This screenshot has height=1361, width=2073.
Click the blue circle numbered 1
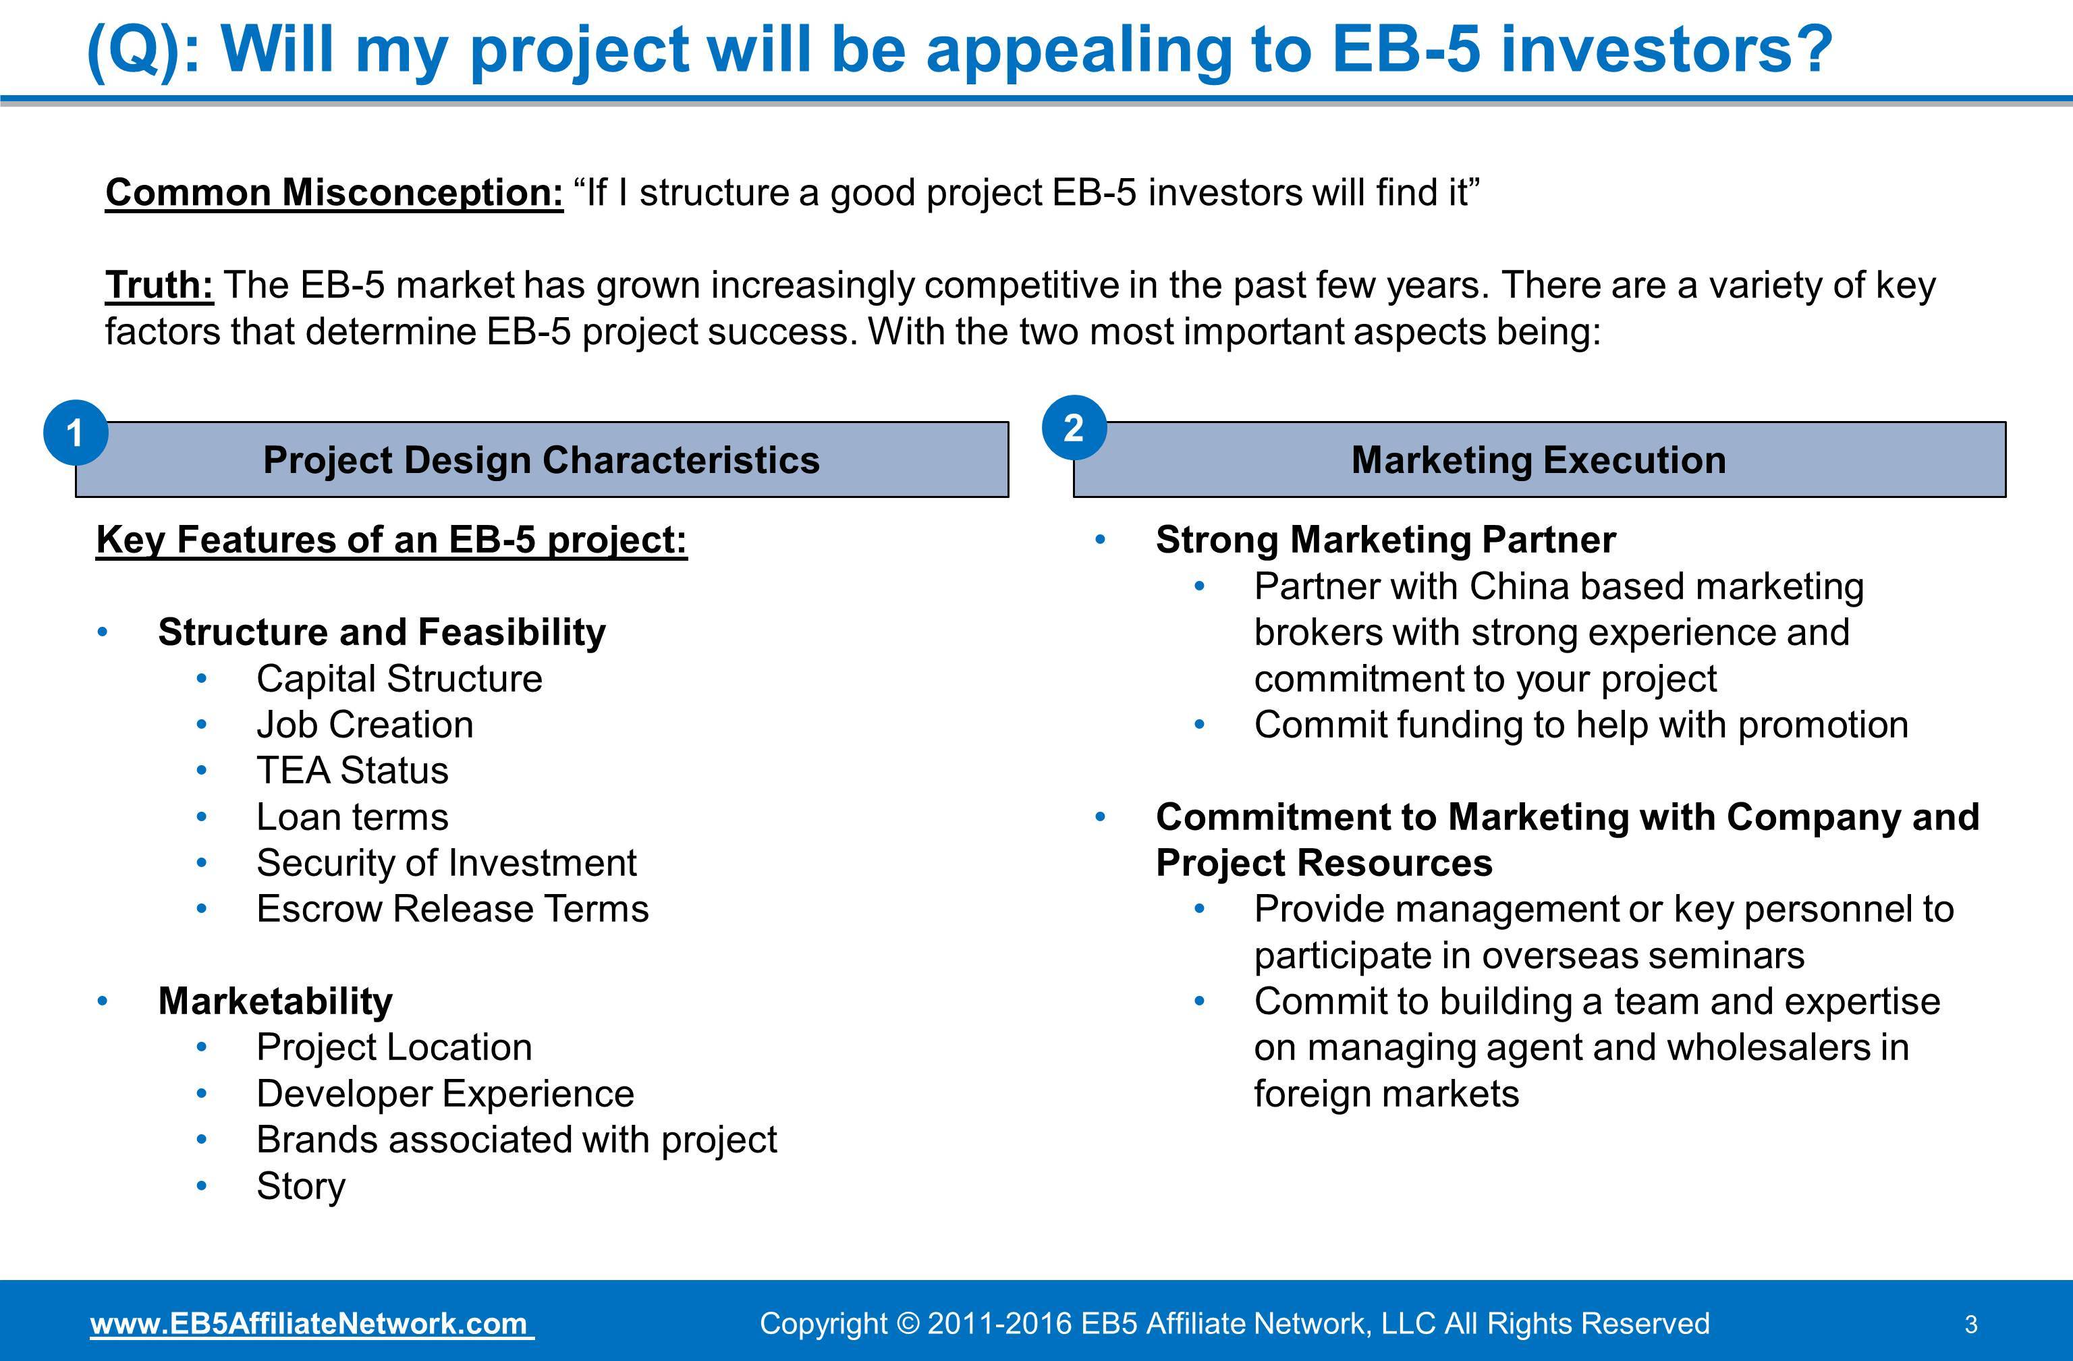[76, 433]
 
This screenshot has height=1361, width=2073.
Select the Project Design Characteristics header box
[542, 460]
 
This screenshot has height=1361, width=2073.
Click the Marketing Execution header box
[1539, 460]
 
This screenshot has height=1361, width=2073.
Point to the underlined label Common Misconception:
[335, 192]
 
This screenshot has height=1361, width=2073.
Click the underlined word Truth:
[159, 285]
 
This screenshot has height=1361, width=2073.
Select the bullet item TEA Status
[352, 771]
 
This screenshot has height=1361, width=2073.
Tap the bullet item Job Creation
[364, 725]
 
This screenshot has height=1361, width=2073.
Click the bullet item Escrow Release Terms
[452, 909]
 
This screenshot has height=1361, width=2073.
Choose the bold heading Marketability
[275, 1001]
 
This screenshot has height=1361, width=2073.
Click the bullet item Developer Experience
[445, 1094]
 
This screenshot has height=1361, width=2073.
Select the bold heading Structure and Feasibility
[381, 632]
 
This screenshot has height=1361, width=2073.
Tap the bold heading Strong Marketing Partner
[1385, 540]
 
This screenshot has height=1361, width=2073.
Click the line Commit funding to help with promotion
[1581, 725]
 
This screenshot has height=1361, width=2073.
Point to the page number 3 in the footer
[1971, 1325]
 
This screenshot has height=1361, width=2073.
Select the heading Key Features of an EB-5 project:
[391, 540]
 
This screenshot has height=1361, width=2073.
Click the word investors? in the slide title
[1666, 50]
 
